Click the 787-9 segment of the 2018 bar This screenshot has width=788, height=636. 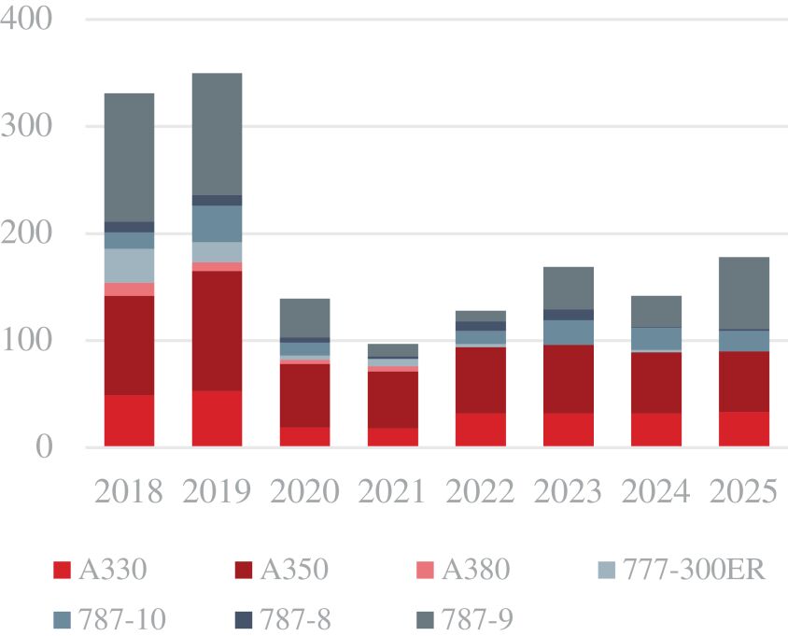click(x=129, y=157)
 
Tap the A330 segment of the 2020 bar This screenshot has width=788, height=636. click(x=304, y=437)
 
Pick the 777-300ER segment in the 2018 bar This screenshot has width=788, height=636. click(x=129, y=265)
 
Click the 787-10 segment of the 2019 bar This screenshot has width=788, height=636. click(x=217, y=224)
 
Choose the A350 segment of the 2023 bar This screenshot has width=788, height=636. click(x=569, y=379)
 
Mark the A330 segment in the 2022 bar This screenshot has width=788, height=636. click(x=481, y=430)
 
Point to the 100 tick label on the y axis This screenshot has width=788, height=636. click(x=31, y=340)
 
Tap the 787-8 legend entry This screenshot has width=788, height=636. click(x=278, y=617)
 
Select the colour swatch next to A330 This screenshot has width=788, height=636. click(x=62, y=570)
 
